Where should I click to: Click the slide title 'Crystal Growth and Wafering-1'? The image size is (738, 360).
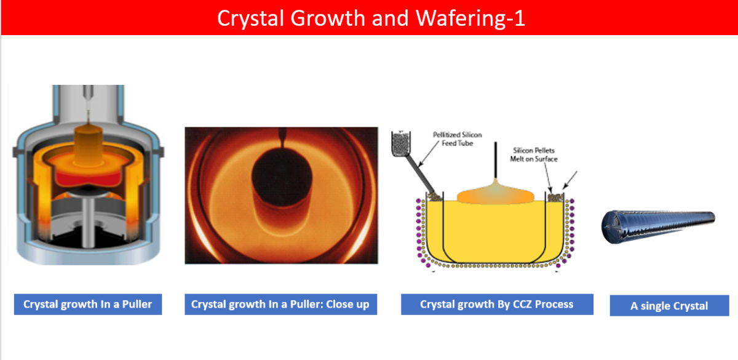point(371,18)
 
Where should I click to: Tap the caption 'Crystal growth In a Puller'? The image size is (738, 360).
point(87,304)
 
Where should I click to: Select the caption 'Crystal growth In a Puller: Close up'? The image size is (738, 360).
point(280,304)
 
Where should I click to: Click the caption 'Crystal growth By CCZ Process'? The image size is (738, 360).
point(496,304)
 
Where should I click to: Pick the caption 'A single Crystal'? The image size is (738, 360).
point(669,306)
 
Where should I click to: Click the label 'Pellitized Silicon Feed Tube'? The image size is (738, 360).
point(458,139)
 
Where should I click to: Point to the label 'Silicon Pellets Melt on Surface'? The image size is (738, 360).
point(534,154)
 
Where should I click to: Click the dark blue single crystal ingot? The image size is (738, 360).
point(658,226)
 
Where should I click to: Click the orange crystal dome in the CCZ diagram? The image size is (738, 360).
point(495,195)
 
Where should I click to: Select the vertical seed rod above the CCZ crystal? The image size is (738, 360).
point(496,160)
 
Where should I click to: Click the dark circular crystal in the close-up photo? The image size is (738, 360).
point(282,177)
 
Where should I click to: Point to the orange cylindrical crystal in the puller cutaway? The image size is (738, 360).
point(89,145)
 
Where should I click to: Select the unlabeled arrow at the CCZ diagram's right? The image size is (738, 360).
point(570,180)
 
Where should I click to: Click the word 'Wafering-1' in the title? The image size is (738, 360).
point(470,18)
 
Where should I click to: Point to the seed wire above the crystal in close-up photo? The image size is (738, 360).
point(282,138)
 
